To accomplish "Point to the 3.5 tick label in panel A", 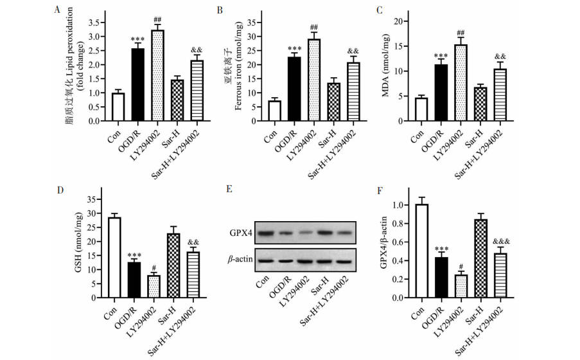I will pos(94,22).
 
